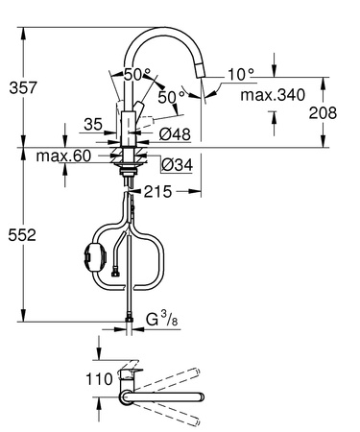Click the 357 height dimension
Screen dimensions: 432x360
pos(19,87)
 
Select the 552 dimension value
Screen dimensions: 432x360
pos(19,233)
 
